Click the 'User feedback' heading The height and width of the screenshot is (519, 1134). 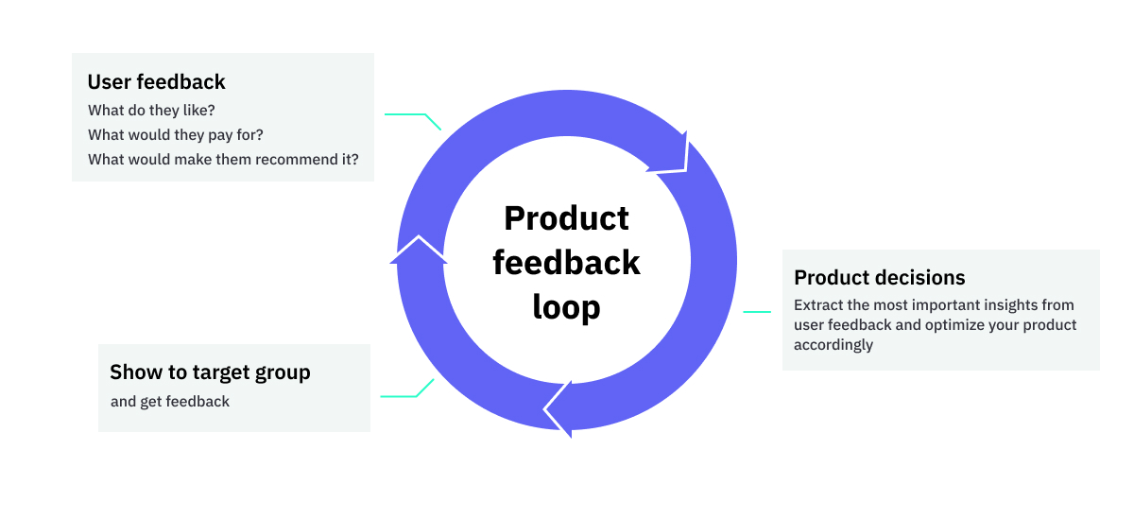tap(156, 82)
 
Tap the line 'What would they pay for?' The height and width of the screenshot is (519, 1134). tap(175, 135)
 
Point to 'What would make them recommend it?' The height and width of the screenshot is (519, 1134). tap(223, 160)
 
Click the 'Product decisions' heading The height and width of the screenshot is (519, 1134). tap(879, 278)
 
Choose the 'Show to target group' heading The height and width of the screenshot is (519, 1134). tap(210, 372)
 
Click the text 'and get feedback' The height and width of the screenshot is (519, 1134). tap(170, 402)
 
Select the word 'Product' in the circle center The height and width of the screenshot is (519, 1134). tap(566, 218)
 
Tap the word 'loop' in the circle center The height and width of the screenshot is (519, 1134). tap(566, 307)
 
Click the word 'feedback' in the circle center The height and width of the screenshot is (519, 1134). tap(566, 263)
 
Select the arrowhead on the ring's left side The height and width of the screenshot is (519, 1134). tap(417, 250)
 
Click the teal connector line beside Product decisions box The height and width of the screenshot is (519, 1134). tap(757, 311)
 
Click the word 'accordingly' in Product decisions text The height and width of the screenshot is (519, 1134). tap(833, 345)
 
